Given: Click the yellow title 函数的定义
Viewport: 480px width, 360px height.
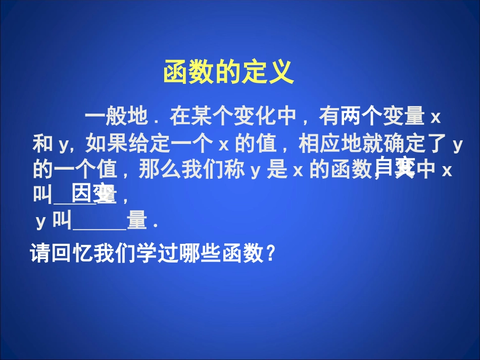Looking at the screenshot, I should pyautogui.click(x=228, y=73).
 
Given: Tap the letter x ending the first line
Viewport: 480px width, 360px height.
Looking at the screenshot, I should pyautogui.click(x=436, y=118).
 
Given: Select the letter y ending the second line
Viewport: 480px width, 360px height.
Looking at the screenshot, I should pyautogui.click(x=458, y=145).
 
